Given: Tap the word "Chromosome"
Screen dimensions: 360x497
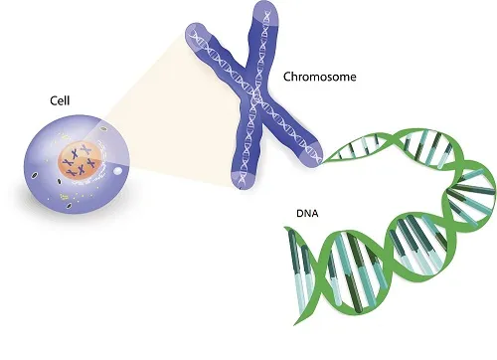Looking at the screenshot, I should tap(317, 76).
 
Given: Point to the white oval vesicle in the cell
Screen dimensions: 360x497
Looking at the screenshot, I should tap(120, 170).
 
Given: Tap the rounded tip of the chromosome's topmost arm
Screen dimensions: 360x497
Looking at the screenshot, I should tap(263, 12).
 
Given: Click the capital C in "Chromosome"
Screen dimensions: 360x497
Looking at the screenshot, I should tap(288, 76).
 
